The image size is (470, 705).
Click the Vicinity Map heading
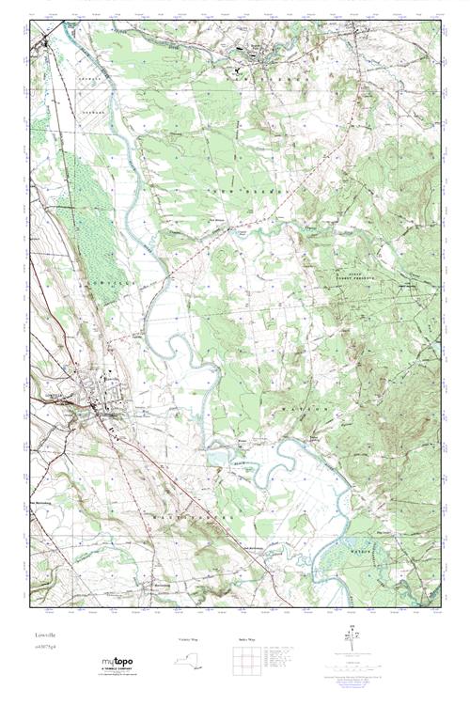click(x=189, y=639)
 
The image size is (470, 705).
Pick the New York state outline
click(x=190, y=661)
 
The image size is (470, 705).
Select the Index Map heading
click(x=246, y=639)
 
